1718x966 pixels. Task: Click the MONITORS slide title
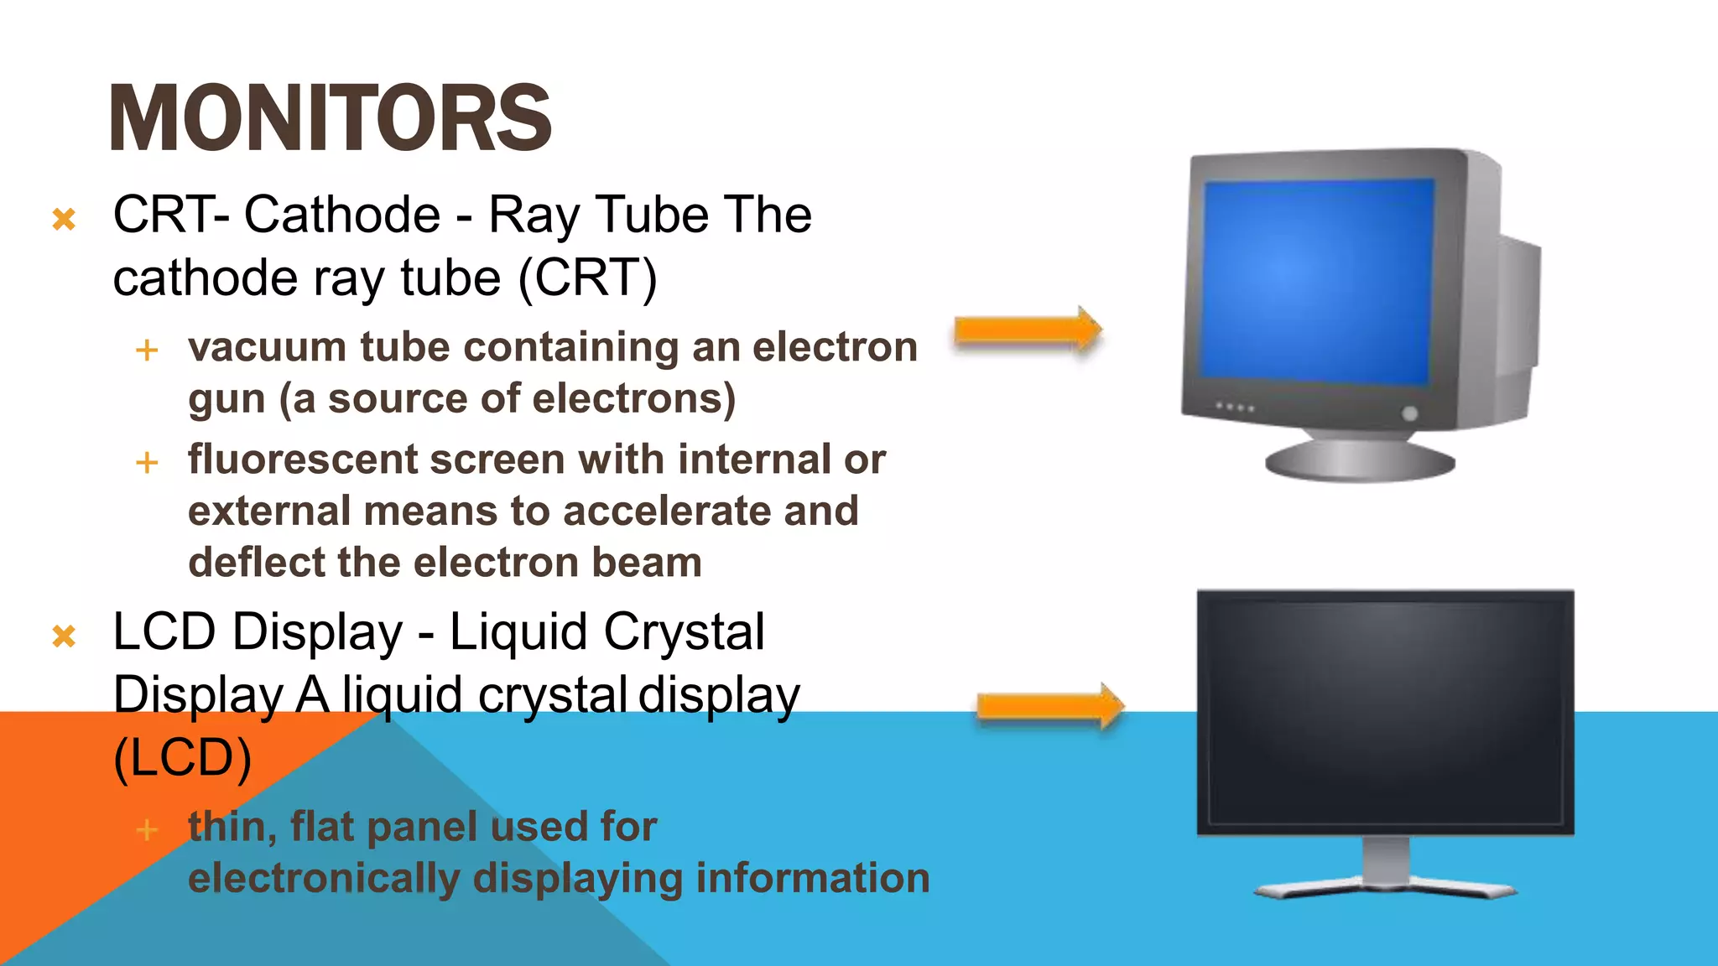point(331,118)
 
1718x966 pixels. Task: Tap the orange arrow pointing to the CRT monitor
point(1028,330)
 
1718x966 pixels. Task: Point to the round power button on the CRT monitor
point(1409,413)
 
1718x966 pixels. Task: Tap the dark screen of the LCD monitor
point(1384,713)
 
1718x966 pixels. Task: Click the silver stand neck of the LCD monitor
point(1386,860)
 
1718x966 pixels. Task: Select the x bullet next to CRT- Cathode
point(64,220)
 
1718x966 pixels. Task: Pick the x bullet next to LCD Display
point(64,636)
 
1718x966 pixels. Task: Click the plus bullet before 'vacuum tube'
point(147,350)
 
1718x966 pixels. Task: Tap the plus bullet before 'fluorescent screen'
point(147,462)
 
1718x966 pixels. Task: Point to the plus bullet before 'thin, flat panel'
point(147,830)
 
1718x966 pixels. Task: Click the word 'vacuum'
point(267,348)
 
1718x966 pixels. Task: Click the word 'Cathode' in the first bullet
point(342,215)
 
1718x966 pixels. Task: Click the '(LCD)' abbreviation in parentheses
point(182,759)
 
